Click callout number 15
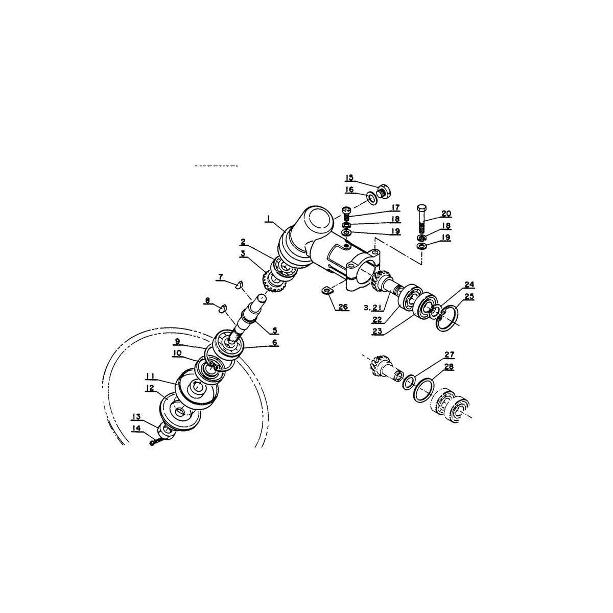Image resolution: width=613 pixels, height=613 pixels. [x=349, y=177]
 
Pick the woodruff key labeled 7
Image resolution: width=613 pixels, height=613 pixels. [x=239, y=284]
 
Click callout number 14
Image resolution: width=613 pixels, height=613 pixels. [x=136, y=429]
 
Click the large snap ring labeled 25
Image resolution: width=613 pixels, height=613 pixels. [x=447, y=318]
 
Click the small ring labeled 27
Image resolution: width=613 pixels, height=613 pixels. [x=409, y=382]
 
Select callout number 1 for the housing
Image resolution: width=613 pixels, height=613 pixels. [x=269, y=219]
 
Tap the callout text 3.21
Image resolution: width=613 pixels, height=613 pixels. [x=372, y=308]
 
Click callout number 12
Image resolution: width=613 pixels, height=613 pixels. [x=151, y=388]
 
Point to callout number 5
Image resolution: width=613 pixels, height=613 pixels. [x=274, y=330]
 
